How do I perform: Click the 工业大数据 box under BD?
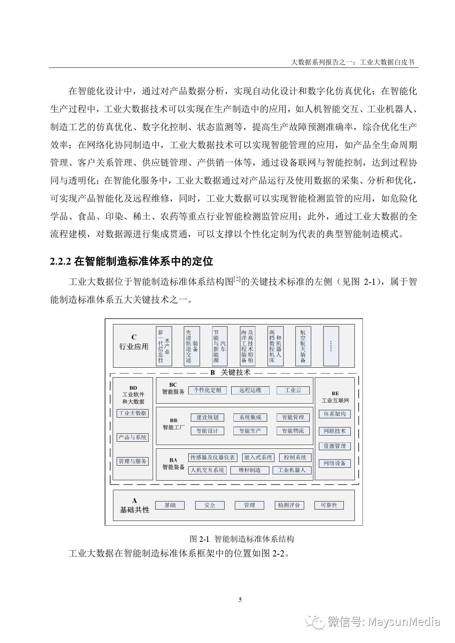[132, 413]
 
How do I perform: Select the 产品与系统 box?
[132, 437]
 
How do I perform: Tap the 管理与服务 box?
[132, 461]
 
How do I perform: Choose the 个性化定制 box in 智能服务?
[207, 390]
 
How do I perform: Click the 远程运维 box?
[250, 390]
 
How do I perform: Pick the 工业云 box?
[293, 390]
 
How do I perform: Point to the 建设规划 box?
[207, 417]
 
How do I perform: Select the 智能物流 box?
[293, 431]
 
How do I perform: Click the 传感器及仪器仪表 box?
[212, 458]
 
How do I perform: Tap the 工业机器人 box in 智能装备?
[292, 470]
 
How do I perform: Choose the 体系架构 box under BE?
[335, 414]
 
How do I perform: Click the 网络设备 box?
[335, 463]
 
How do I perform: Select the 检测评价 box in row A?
[289, 505]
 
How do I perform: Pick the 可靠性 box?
[329, 505]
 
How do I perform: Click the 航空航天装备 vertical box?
[303, 346]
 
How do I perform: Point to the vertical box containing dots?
[331, 346]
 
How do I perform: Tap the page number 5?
[240, 600]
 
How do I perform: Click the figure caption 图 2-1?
[199, 539]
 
